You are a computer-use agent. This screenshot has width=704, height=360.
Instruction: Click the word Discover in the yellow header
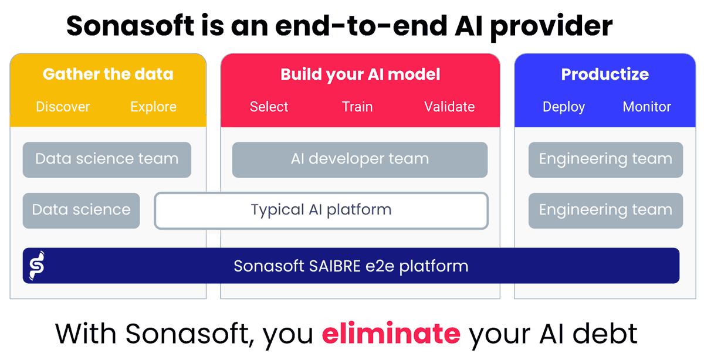[63, 107]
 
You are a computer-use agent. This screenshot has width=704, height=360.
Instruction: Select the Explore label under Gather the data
[153, 107]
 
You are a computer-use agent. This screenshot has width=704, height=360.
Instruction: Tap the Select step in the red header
[269, 107]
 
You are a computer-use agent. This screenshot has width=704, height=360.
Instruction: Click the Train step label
[357, 107]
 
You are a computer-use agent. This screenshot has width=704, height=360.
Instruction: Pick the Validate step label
[449, 107]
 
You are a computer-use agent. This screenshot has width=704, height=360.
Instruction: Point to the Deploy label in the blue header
[563, 107]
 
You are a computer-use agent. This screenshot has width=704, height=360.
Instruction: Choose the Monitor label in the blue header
[647, 107]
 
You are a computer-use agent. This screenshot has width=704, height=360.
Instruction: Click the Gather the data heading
[108, 74]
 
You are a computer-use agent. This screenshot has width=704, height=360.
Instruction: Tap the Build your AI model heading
[360, 74]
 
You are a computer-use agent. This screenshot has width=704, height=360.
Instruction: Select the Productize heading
[605, 74]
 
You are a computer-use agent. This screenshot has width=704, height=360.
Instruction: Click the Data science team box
[107, 159]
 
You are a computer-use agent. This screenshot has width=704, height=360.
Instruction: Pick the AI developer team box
[360, 159]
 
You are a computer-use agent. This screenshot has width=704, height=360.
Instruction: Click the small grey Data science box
[81, 210]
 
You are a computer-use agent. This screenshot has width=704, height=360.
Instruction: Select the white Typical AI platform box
[321, 210]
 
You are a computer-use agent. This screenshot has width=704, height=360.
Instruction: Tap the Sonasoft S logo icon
[36, 266]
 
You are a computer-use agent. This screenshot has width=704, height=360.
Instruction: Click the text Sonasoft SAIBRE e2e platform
[351, 266]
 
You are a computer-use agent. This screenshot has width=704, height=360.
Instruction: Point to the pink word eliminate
[391, 334]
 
